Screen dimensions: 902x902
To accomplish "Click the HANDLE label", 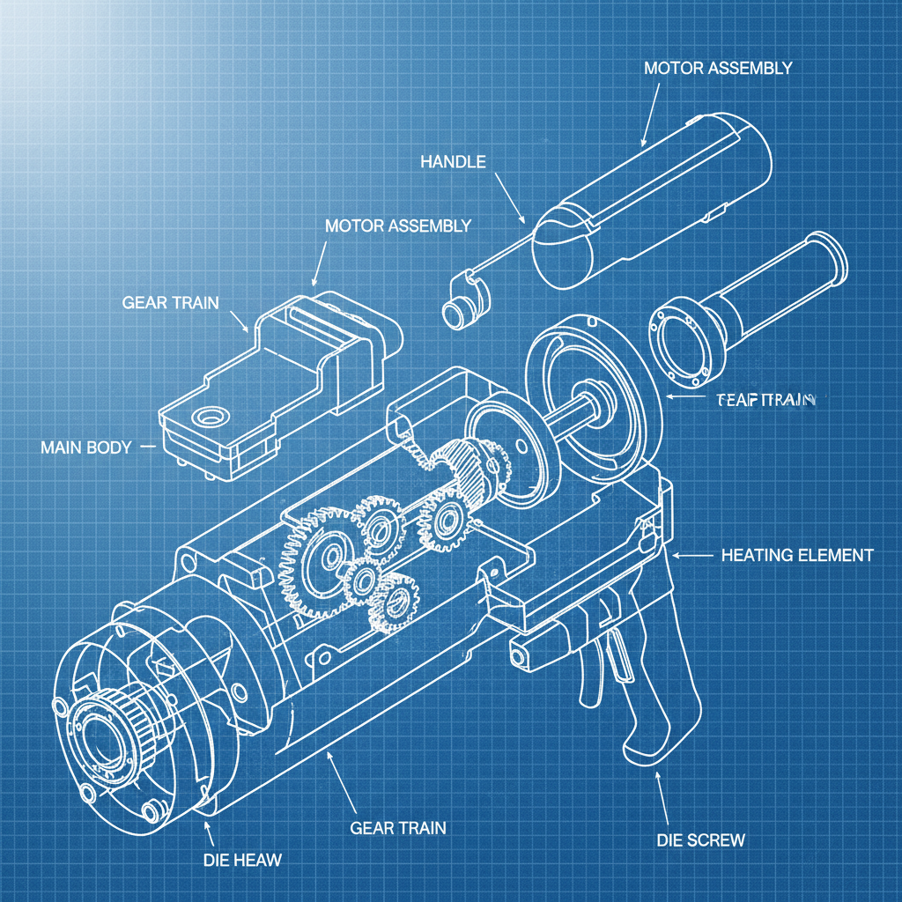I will pyautogui.click(x=453, y=161).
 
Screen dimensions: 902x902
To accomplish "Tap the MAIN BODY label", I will pyautogui.click(x=85, y=447).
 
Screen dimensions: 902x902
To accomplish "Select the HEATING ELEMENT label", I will pyautogui.click(x=797, y=555).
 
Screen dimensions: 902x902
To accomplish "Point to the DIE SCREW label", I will pyautogui.click(x=700, y=839).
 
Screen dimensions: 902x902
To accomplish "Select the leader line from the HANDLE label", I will pyautogui.click(x=509, y=196).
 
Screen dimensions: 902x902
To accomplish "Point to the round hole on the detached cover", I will pyautogui.click(x=210, y=415).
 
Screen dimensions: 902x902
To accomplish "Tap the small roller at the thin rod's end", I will pyautogui.click(x=456, y=310).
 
